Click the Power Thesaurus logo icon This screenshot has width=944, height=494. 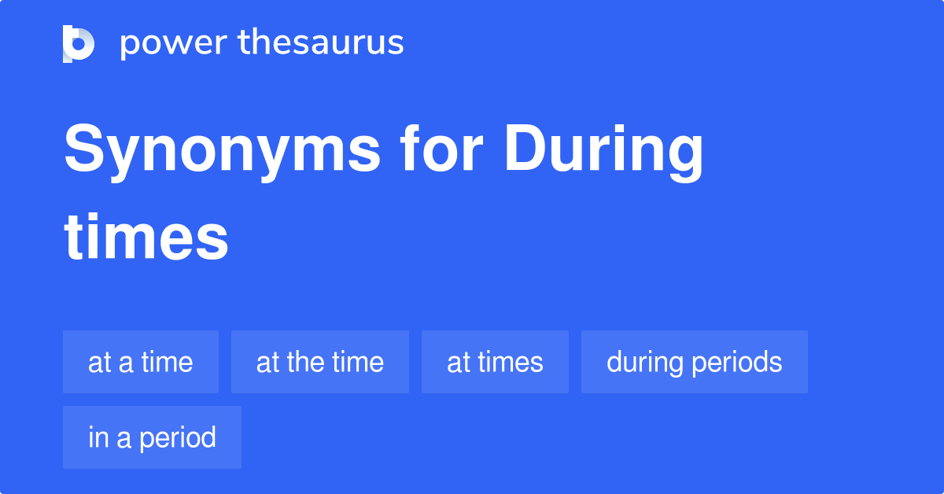pos(79,43)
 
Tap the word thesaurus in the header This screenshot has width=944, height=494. pos(321,43)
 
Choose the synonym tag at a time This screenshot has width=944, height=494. pos(141,362)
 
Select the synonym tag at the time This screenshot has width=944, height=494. pos(320,362)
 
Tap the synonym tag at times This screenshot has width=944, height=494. pos(495,362)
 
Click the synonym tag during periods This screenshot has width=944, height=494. pos(695,362)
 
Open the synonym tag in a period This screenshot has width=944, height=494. pos(152,437)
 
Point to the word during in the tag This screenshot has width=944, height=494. pos(645,362)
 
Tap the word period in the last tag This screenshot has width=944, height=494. pos(178,437)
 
